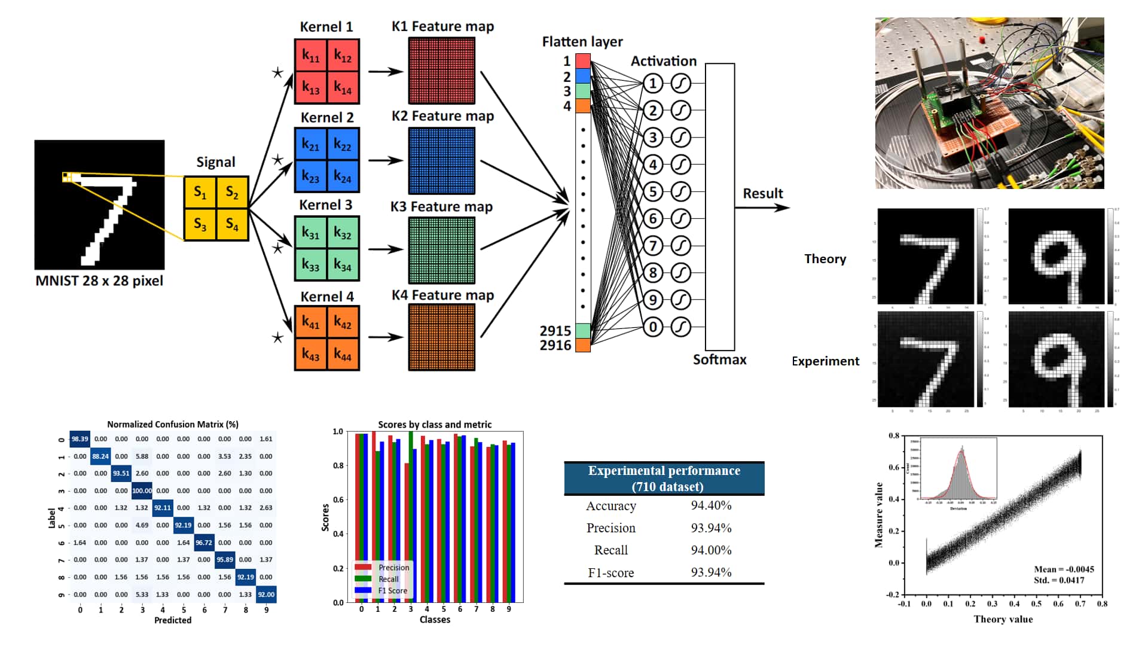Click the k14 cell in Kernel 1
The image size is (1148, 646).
click(343, 88)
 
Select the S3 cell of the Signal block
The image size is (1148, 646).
click(200, 224)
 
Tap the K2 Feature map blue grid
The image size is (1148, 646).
click(442, 160)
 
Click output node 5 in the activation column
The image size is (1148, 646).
click(653, 191)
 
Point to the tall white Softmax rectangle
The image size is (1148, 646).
click(719, 206)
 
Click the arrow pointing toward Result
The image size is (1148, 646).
click(763, 208)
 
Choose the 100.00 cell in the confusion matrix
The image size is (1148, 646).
click(142, 490)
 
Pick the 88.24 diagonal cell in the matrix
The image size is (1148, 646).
click(100, 456)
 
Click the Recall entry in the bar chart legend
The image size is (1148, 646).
click(388, 579)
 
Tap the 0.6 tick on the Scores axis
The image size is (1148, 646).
click(338, 499)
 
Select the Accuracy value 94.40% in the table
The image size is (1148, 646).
click(711, 505)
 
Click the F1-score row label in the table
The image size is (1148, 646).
click(610, 573)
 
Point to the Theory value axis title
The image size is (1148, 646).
click(1003, 619)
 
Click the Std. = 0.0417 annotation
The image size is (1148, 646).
click(1059, 580)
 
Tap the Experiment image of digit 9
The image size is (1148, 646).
click(1056, 359)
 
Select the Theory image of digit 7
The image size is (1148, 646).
click(926, 256)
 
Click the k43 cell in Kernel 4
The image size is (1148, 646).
click(310, 354)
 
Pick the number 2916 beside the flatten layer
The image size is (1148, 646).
click(555, 345)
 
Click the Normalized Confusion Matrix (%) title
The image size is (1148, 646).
click(173, 424)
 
